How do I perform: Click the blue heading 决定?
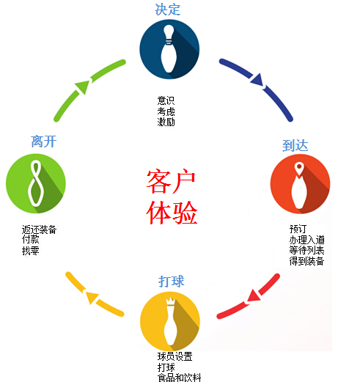point(168,10)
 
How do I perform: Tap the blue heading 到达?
point(295,145)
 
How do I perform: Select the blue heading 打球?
point(171,282)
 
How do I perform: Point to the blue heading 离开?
point(44,142)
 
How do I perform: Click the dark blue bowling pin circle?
point(169,49)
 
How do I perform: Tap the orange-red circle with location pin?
point(300,184)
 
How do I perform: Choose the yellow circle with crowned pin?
point(170,321)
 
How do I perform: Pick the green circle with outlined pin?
point(36,183)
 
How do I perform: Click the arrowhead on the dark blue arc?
point(257,80)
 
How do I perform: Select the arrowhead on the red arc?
point(253,295)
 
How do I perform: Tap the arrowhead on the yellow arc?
point(92,297)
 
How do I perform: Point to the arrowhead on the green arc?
point(83,87)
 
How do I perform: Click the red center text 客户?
point(171,181)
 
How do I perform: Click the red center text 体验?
point(172,212)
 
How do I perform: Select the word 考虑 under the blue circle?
point(166,111)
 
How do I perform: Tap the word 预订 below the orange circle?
point(298,229)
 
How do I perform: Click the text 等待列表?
point(306,250)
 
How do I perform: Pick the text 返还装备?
point(39,229)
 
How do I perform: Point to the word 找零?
point(31,251)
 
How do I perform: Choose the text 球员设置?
point(175,356)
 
